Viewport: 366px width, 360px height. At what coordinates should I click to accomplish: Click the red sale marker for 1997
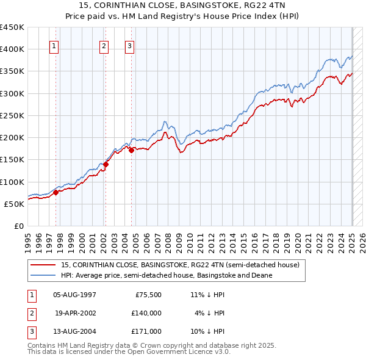[x=56, y=192]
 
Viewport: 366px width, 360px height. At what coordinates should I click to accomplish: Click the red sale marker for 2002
[x=106, y=164]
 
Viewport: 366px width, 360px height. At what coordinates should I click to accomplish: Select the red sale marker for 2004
[x=131, y=150]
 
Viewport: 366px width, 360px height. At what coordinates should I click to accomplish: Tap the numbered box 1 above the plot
[x=54, y=45]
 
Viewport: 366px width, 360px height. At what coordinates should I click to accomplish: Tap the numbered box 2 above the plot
[x=104, y=45]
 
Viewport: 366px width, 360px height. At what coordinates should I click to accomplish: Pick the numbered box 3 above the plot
[x=130, y=45]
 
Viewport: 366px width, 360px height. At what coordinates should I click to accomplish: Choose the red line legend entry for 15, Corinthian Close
[x=180, y=265]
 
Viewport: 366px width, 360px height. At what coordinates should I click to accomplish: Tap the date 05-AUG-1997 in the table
[x=74, y=295]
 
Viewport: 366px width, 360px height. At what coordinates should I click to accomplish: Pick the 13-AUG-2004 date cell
[x=74, y=331]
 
